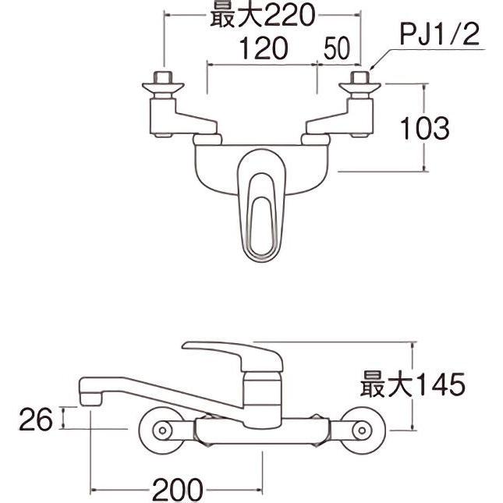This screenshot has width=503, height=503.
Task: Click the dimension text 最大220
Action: click(x=261, y=15)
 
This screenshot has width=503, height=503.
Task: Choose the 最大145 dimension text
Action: click(x=412, y=384)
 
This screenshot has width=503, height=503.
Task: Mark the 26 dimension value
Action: click(x=37, y=420)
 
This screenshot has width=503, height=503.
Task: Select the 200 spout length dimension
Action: click(x=177, y=490)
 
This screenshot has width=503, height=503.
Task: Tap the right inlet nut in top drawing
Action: click(x=360, y=80)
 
